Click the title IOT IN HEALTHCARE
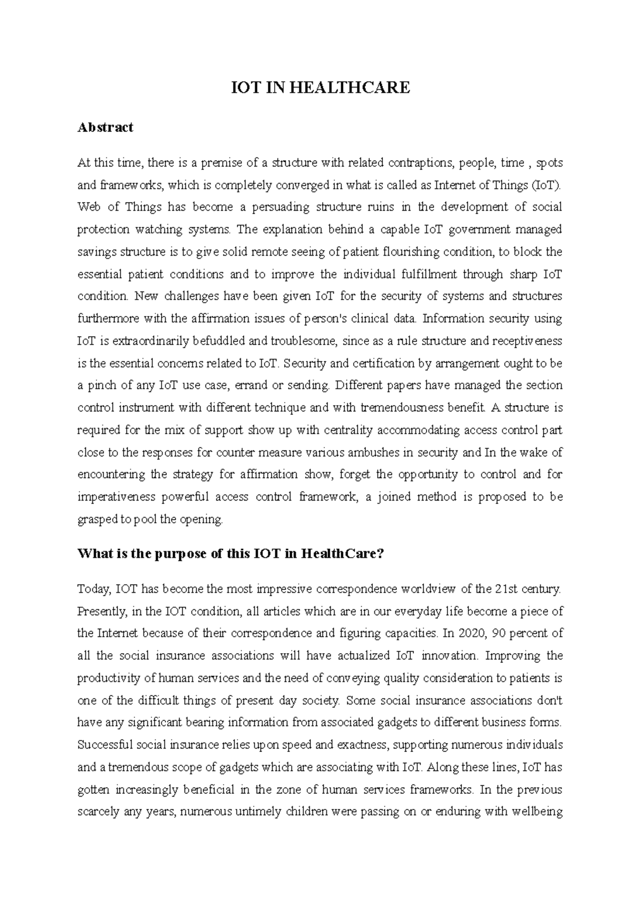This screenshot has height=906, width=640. click(x=320, y=88)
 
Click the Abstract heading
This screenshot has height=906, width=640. click(x=105, y=128)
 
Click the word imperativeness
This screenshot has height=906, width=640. click(x=115, y=497)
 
